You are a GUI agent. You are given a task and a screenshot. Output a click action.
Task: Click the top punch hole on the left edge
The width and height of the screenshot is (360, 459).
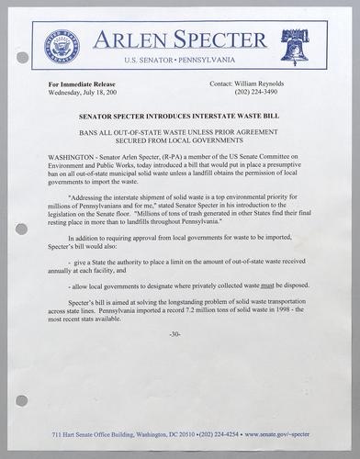coord(22,57)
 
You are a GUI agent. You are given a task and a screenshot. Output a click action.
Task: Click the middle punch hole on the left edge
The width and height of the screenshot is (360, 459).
coord(22,229)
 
